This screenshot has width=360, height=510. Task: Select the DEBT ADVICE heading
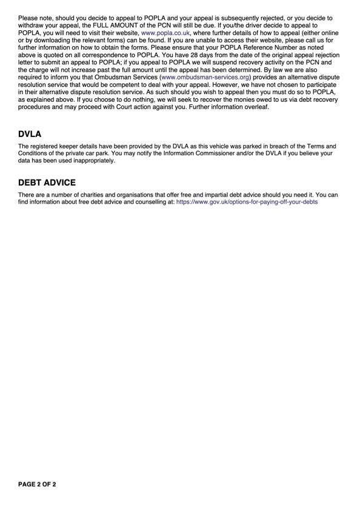click(x=47, y=182)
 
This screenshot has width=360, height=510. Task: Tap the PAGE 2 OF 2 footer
click(x=37, y=485)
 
